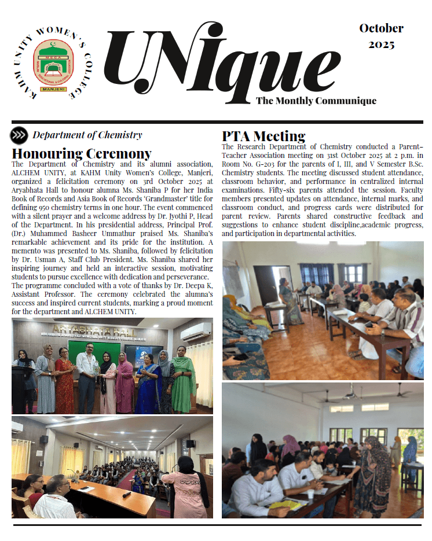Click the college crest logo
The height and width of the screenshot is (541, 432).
[53, 60]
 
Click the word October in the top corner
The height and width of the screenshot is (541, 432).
[381, 28]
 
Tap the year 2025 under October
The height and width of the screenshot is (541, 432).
[381, 45]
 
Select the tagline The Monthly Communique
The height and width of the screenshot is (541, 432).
[316, 101]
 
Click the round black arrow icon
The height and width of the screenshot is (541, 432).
[19, 135]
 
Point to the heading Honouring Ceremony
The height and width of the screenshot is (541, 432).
[82, 154]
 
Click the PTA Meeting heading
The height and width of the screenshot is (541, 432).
[263, 137]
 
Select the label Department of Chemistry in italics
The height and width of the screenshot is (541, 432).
[87, 135]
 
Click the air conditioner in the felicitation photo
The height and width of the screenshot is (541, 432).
[196, 332]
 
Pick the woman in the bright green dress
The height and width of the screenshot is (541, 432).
[184, 382]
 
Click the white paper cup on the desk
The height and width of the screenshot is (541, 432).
[310, 494]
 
